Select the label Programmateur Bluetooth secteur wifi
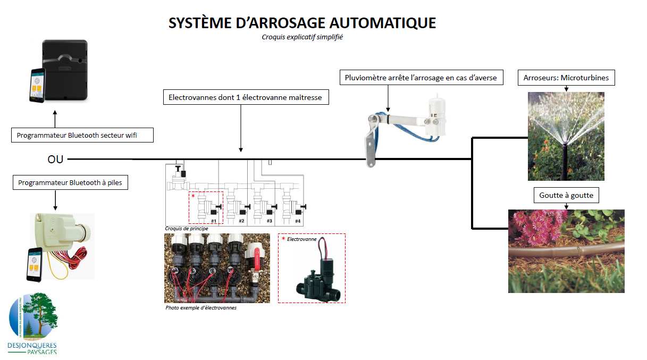(82, 135)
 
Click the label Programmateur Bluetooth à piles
(70, 182)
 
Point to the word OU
(55, 158)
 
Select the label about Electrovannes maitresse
(245, 97)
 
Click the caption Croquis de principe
(187, 228)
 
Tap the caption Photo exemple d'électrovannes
(201, 308)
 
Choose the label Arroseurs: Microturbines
(566, 78)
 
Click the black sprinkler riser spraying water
(565, 160)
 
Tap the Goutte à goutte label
(566, 195)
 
